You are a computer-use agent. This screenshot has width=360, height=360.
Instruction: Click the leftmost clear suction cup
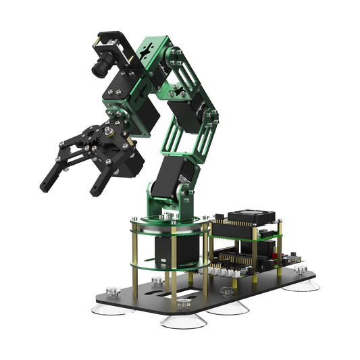point(109,307)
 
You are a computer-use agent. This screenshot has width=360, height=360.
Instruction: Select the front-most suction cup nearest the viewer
point(182,319)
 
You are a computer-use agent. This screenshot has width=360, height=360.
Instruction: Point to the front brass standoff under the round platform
point(173,267)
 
